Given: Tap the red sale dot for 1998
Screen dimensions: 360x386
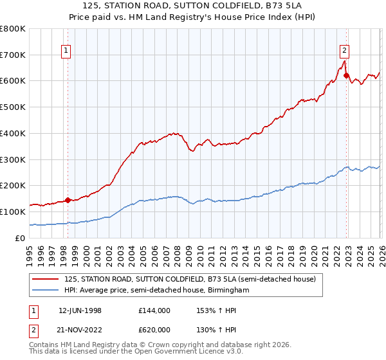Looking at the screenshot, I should click(x=68, y=199).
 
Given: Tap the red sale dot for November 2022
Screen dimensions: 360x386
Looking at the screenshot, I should click(x=346, y=75).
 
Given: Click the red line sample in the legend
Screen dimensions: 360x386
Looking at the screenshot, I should click(x=46, y=280).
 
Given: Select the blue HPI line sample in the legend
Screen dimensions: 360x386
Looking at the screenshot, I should click(x=46, y=291).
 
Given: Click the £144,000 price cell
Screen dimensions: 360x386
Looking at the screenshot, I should click(x=154, y=310).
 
